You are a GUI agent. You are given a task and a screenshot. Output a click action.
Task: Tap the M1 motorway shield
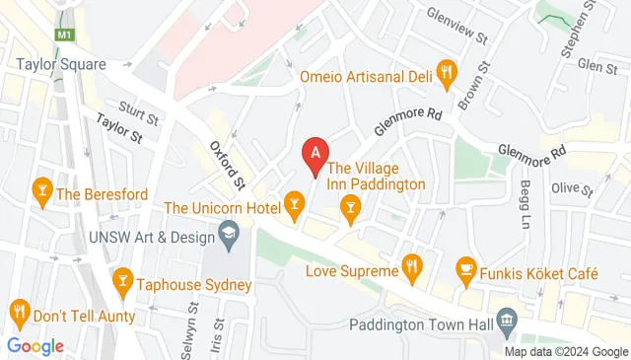pos(65,36)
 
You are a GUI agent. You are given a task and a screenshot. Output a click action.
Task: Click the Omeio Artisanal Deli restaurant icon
pos(448,70)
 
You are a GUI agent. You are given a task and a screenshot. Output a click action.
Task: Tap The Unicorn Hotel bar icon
pos(293,202)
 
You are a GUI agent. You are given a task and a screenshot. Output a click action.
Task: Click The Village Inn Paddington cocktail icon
pos(349,205)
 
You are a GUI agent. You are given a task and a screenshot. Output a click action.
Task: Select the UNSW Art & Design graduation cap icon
pos(229,235)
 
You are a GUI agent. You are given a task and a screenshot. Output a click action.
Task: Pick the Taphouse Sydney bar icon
pos(123,280)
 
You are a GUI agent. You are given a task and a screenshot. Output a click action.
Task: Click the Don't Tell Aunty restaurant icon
pos(19,316)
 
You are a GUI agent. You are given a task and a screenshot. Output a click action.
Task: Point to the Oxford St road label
pos(228,165)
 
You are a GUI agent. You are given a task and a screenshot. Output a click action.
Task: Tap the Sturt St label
pos(137,107)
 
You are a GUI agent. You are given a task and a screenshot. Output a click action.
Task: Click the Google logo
pos(35,346)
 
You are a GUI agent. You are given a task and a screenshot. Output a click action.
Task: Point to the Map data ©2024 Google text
pos(567,352)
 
